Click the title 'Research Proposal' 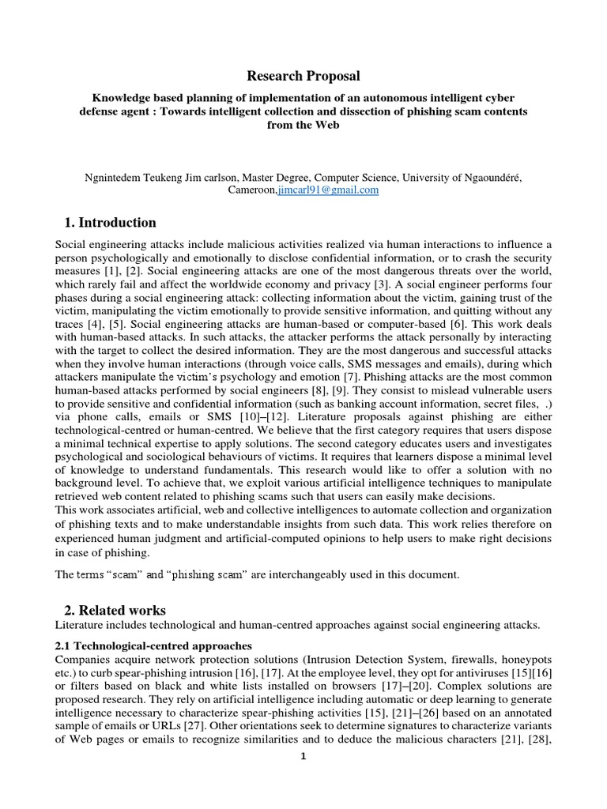(x=303, y=76)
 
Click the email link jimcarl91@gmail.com (x=328, y=190)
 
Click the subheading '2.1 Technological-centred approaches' (x=153, y=645)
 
